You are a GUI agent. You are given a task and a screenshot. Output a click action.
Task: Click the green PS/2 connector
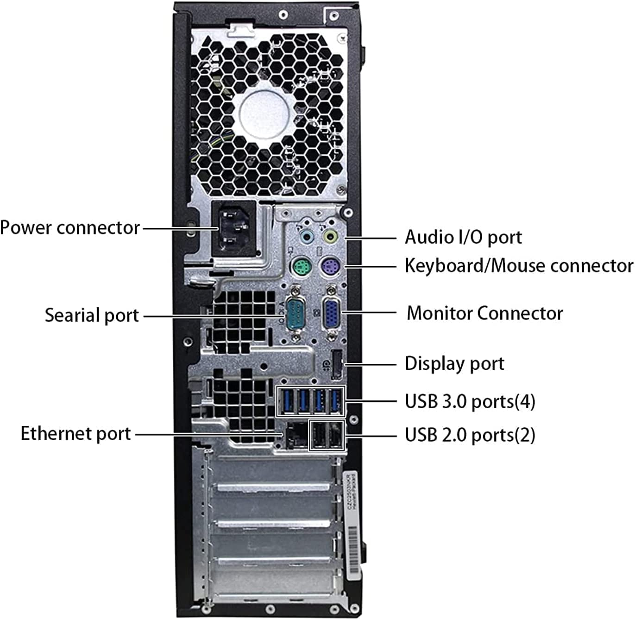point(302,267)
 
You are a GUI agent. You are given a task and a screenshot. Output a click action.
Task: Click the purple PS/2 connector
point(331,267)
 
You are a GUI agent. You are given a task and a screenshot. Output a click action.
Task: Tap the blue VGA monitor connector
point(331,315)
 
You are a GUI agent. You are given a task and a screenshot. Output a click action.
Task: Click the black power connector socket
point(234,228)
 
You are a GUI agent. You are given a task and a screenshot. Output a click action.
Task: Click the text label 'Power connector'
point(70,228)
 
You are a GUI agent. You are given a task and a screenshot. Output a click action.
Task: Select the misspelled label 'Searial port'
point(92,316)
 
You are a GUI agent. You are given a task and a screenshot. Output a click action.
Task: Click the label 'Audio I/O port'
point(463,237)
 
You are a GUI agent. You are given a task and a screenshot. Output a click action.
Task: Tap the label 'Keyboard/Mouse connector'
point(518,266)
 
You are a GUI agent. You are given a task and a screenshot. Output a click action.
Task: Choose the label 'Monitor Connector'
point(484,313)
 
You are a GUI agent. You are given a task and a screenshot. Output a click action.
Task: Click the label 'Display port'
point(454,364)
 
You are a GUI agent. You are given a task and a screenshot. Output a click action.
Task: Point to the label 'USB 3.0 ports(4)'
point(470,401)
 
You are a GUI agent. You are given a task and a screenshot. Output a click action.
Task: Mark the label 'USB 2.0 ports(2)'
point(470,435)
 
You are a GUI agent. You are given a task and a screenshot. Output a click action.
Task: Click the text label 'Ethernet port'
point(76,434)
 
